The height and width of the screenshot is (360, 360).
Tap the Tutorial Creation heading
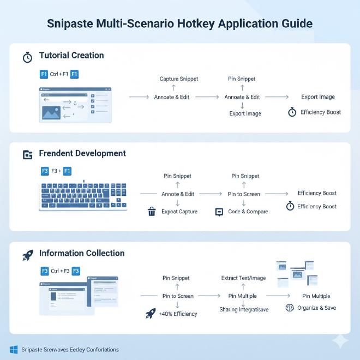tap(71, 56)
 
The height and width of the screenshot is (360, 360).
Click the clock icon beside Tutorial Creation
tap(27, 57)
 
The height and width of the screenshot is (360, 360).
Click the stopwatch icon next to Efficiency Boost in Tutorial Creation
tap(292, 112)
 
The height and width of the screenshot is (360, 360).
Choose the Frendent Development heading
tap(82, 153)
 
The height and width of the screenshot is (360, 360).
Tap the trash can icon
tap(152, 212)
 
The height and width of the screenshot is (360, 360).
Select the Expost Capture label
tap(179, 212)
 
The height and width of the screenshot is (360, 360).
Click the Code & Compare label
tap(248, 212)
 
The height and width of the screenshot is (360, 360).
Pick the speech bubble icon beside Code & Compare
tap(219, 212)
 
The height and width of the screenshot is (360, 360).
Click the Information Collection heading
tap(82, 253)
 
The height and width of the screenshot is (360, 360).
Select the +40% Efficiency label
tap(178, 314)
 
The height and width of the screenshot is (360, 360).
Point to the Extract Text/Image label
tap(243, 278)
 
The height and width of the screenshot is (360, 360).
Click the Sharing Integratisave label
tap(243, 309)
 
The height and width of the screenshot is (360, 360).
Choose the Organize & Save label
tap(316, 308)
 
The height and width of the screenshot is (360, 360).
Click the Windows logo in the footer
tap(14, 349)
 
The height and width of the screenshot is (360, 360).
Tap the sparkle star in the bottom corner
tap(340, 341)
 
